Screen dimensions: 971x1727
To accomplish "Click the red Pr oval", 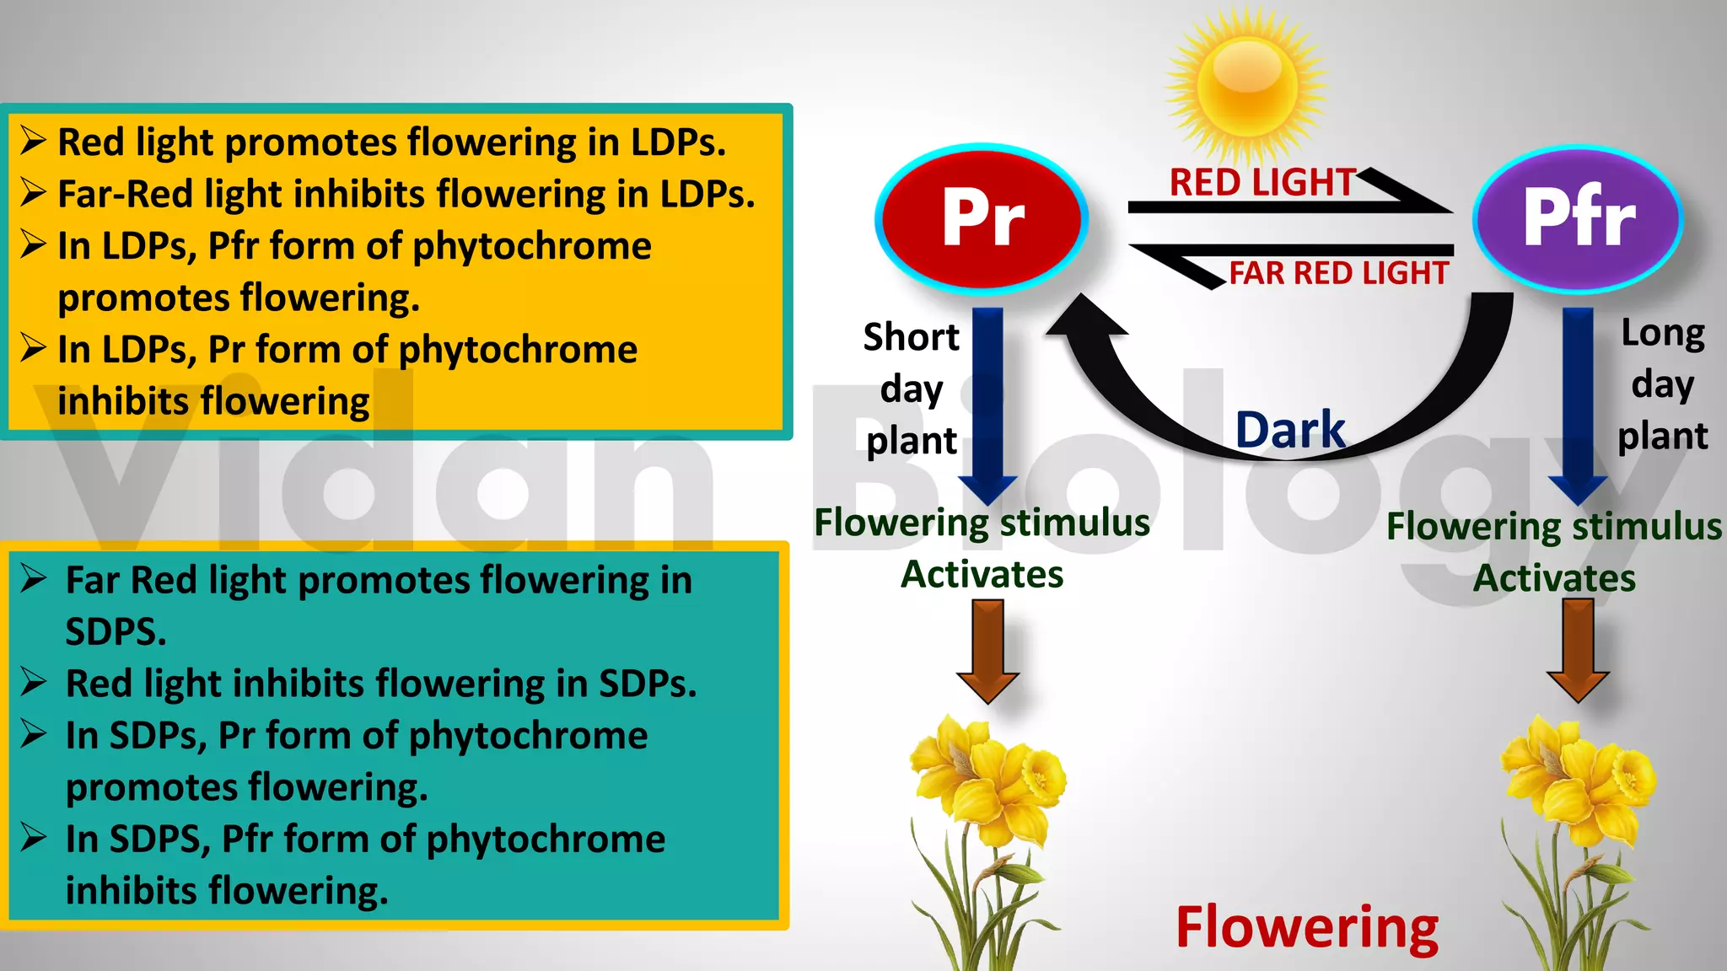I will [x=982, y=217].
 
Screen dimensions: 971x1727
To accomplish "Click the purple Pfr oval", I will [x=1578, y=218].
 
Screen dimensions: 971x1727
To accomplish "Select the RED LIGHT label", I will [x=1262, y=183].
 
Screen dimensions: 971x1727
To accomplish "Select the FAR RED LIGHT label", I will [x=1338, y=273].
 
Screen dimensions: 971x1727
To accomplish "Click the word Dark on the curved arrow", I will [x=1290, y=430].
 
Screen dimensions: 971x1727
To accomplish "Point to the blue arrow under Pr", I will [x=987, y=405].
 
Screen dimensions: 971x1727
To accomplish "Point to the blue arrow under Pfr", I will [x=1578, y=405].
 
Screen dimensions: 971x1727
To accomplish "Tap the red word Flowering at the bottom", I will [x=1307, y=927].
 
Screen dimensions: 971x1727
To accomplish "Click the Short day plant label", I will [x=911, y=389].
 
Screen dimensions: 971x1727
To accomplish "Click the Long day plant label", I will [x=1662, y=384].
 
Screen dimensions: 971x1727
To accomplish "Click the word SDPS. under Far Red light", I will [x=116, y=631].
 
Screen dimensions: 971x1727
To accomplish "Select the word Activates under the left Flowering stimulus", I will [x=982, y=575].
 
